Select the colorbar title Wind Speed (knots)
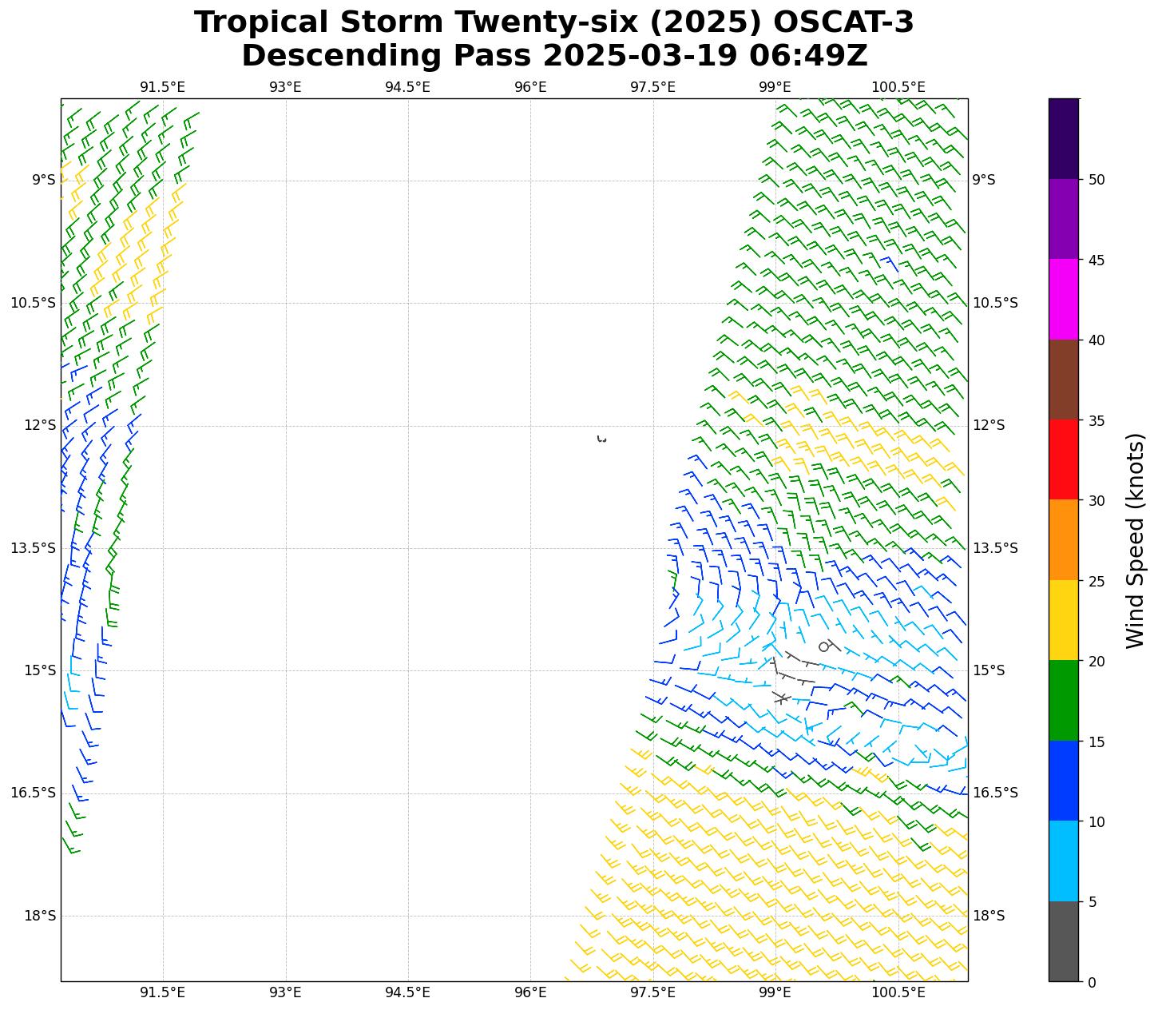click(x=1134, y=540)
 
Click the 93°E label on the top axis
click(x=285, y=87)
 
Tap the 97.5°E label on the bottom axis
click(x=652, y=992)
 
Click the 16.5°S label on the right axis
click(x=994, y=793)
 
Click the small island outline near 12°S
click(x=601, y=439)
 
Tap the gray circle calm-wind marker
click(x=824, y=646)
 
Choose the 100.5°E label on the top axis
click(x=898, y=87)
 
